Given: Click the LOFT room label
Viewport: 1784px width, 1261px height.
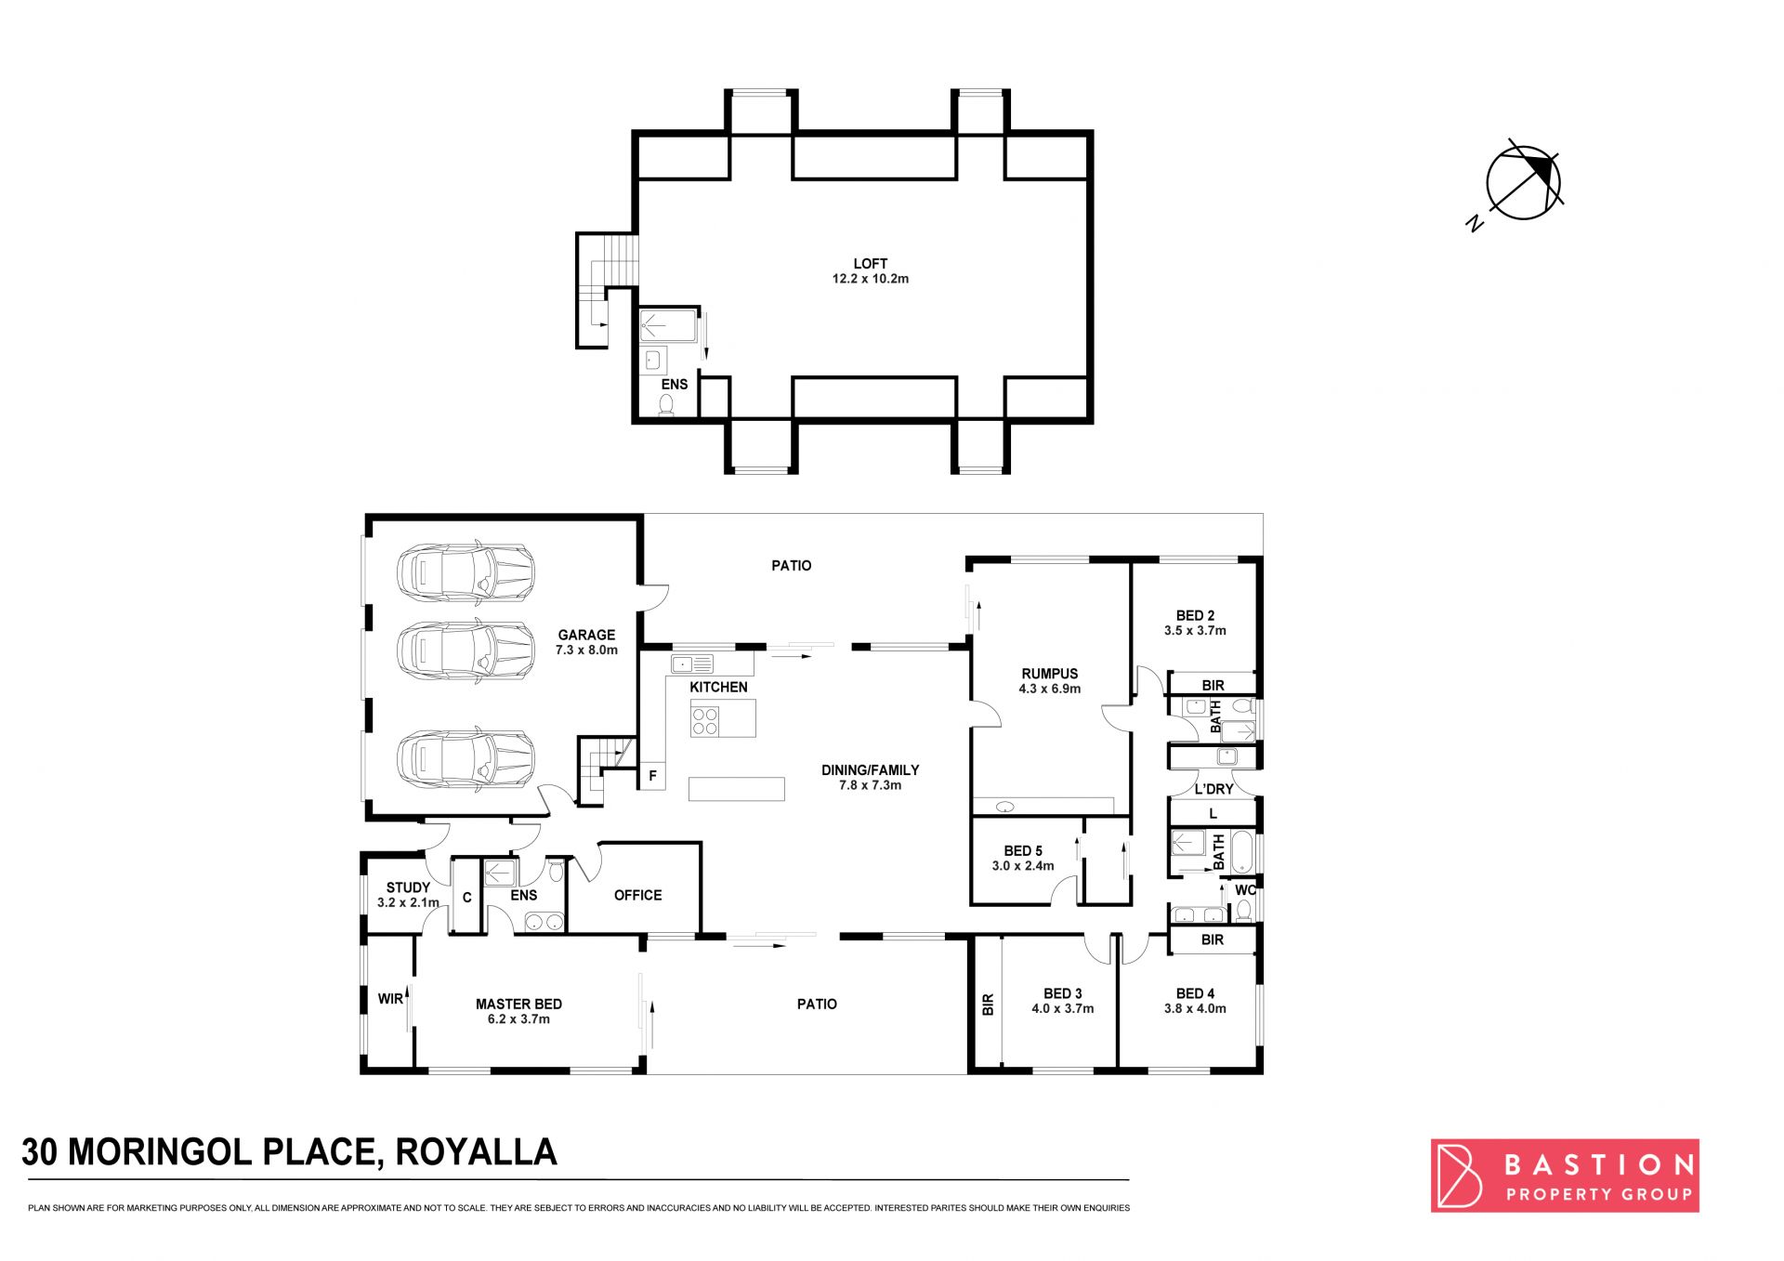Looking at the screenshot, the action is click(x=871, y=264).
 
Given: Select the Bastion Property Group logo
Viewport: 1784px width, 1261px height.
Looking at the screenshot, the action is click(x=1565, y=1176).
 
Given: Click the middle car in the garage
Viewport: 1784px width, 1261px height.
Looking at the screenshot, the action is click(x=466, y=650).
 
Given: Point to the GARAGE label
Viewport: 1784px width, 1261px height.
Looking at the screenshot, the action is click(x=586, y=636).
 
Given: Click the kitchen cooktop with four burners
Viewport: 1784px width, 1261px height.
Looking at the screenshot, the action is click(x=705, y=721).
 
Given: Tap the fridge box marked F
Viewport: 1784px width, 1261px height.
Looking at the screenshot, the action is click(x=652, y=776).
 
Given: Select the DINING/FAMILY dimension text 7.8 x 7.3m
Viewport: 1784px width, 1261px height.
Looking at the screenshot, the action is click(x=870, y=785).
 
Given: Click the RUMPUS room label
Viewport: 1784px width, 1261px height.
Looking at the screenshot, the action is click(x=1050, y=674).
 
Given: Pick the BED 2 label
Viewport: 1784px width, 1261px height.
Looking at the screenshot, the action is click(x=1195, y=615).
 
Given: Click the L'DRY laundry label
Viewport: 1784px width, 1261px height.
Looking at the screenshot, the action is click(x=1213, y=789).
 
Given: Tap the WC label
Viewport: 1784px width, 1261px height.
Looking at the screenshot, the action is click(x=1245, y=890).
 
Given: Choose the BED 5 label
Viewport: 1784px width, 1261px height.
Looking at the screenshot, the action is click(x=1023, y=850).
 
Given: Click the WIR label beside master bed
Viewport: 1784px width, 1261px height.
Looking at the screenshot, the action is click(x=390, y=999).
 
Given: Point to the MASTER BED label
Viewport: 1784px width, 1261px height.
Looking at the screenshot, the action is click(x=518, y=1004).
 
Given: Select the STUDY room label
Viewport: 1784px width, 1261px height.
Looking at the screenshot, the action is click(x=408, y=887).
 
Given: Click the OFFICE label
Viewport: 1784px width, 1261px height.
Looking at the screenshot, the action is click(x=637, y=895).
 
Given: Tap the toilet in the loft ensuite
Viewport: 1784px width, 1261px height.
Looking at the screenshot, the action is click(x=666, y=405).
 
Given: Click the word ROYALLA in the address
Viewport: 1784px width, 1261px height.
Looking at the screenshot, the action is click(x=476, y=1152).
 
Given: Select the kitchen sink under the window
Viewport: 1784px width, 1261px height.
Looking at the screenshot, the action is click(x=692, y=663).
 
